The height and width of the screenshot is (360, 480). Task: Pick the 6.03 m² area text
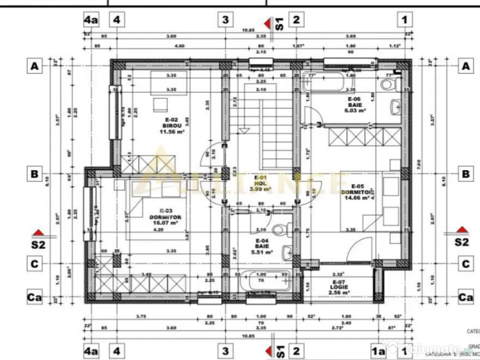pyautogui.click(x=356, y=111)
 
